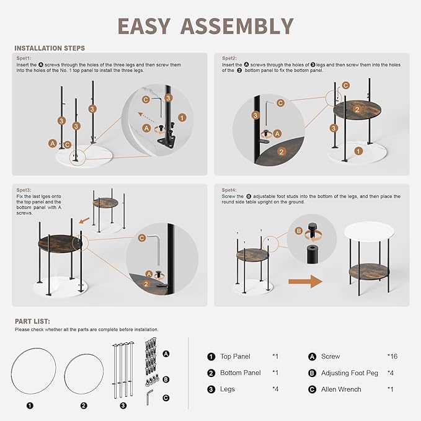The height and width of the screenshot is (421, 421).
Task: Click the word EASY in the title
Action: point(144,26)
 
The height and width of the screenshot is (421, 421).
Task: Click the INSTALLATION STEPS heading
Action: point(50,48)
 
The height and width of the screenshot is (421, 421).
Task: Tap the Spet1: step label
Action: point(24,58)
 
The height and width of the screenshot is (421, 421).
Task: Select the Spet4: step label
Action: point(229,190)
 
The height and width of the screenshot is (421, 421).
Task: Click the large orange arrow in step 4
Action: point(305,281)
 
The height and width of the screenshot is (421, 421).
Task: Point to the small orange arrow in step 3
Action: point(84,221)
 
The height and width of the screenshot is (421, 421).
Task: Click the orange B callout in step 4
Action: point(299,231)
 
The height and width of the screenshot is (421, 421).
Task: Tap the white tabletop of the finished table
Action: point(369,233)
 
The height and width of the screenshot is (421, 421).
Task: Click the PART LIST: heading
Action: point(32,321)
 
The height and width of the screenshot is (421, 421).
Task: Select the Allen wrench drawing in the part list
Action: point(149,397)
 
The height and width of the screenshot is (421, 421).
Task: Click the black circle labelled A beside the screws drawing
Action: point(166,354)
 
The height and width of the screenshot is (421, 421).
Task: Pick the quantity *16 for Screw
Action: point(392,357)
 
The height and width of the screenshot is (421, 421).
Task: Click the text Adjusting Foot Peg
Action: point(350,373)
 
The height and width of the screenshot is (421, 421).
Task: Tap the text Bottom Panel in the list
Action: point(241,373)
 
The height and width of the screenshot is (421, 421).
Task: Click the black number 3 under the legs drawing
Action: point(123,405)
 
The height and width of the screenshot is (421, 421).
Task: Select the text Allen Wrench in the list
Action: point(341,389)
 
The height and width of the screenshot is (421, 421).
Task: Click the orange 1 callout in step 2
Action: point(358,151)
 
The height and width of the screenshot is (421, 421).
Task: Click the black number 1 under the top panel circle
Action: point(30,405)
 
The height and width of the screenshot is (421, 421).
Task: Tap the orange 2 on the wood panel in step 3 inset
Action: point(146,284)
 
